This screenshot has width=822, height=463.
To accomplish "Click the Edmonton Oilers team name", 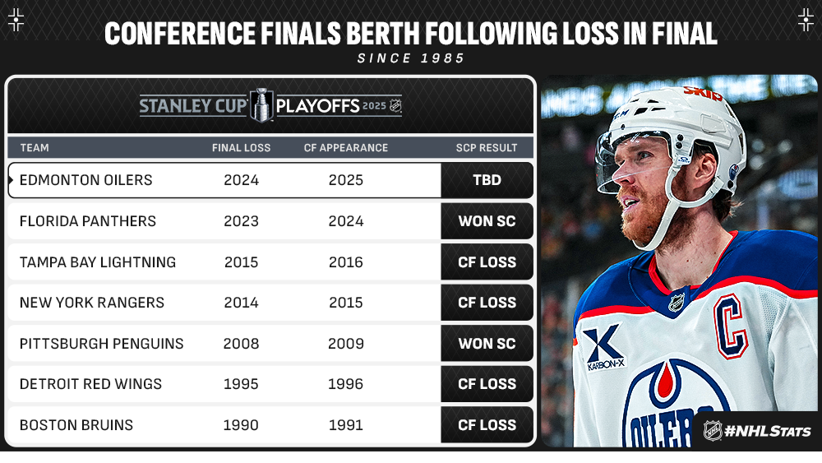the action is click(86, 180).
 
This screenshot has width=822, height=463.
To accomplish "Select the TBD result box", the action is click(487, 180).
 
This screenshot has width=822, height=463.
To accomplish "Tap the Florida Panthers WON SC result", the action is click(487, 220).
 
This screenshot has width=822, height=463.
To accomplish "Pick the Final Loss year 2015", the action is click(241, 262).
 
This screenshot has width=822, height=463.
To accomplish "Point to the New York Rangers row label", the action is click(92, 303).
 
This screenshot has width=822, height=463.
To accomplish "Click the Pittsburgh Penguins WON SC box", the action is click(487, 344).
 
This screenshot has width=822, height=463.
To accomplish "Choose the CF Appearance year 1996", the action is click(345, 384).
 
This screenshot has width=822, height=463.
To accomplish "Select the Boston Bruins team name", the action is click(76, 424).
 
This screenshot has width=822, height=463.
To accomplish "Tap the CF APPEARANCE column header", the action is click(346, 148).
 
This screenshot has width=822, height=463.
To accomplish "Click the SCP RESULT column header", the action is click(487, 148).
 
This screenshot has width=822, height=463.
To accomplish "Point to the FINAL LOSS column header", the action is click(241, 148).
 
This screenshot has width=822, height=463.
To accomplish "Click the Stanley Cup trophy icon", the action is click(261, 105).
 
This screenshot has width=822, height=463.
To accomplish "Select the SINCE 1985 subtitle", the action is click(411, 58).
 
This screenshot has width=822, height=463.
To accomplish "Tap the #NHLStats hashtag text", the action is click(768, 431).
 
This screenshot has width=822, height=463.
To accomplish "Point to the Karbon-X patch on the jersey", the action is click(604, 348).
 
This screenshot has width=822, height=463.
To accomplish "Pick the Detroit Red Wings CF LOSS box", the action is click(487, 384).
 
